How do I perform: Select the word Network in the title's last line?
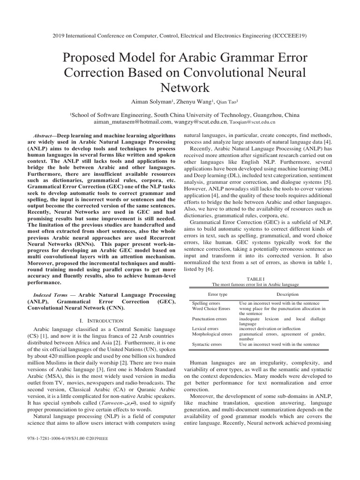coord(180,88)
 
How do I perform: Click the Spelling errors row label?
coord(206,304)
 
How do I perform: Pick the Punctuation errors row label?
coord(209,319)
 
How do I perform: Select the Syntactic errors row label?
coord(207,344)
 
